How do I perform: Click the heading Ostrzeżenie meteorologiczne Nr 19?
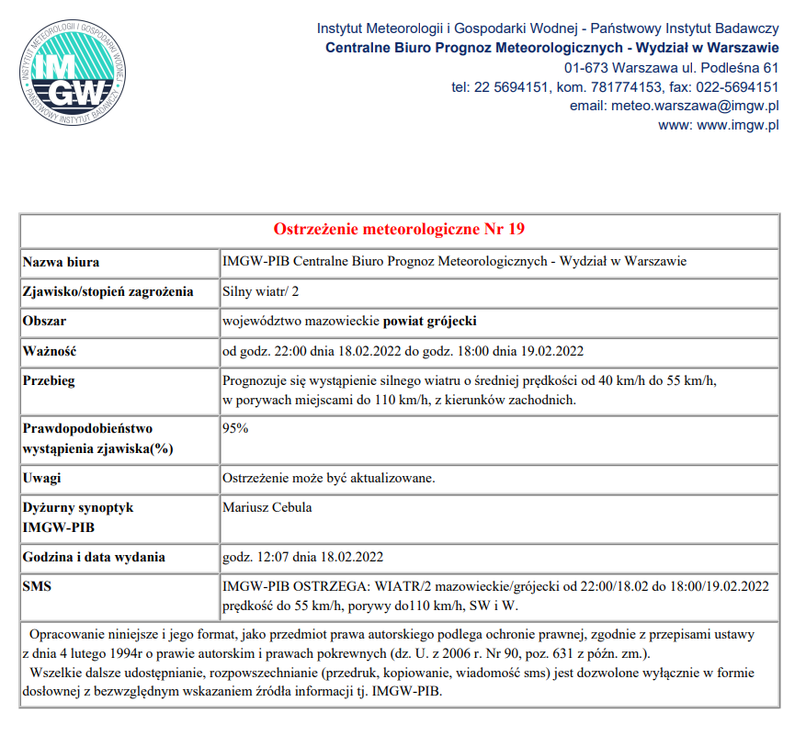pyautogui.click(x=400, y=229)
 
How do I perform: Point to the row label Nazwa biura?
pyautogui.click(x=62, y=262)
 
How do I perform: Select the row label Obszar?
pyautogui.click(x=45, y=322)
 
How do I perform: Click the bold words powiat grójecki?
pyautogui.click(x=430, y=322)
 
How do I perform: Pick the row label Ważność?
pyautogui.click(x=50, y=351)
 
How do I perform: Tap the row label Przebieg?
pyautogui.click(x=51, y=380)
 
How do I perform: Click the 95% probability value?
pyautogui.click(x=236, y=428)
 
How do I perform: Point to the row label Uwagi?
pyautogui.click(x=43, y=478)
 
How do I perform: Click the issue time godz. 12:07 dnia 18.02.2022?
pyautogui.click(x=303, y=557)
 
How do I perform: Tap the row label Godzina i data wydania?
pyautogui.click(x=94, y=557)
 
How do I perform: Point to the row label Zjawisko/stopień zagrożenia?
pyautogui.click(x=108, y=292)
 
